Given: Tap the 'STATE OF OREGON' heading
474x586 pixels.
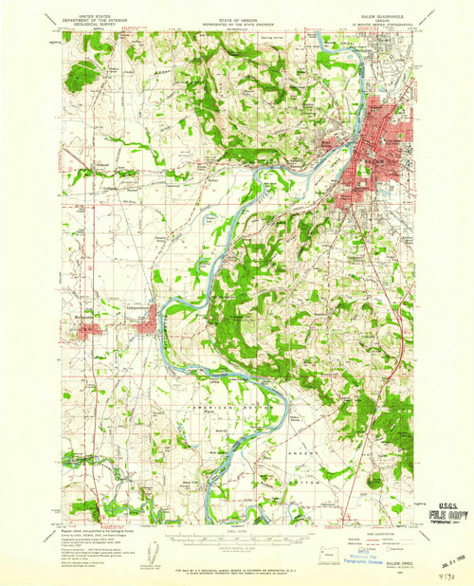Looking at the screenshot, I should (x=236, y=11).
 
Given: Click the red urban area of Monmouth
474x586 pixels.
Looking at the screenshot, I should (x=87, y=331).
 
